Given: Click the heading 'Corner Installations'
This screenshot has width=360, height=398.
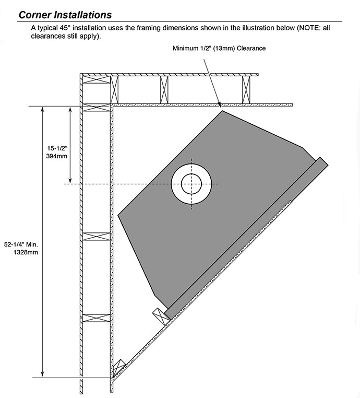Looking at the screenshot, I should point(65,15).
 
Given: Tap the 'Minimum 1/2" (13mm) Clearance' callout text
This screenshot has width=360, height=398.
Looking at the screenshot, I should point(220,49).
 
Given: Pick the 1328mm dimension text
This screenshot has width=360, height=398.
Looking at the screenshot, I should point(27,252).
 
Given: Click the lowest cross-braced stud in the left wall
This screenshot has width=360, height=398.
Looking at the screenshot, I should point(97,317).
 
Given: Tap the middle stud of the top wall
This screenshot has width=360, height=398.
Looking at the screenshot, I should point(164,89).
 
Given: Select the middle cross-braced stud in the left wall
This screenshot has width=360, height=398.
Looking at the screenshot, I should point(97,237).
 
